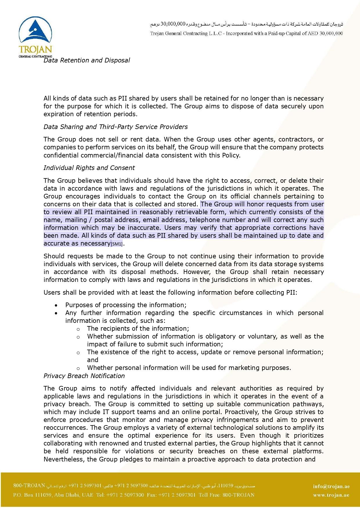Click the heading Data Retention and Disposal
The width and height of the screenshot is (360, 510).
(x=87, y=60)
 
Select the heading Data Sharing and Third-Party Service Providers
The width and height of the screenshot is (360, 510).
(x=116, y=127)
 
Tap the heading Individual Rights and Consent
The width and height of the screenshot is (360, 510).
(x=89, y=168)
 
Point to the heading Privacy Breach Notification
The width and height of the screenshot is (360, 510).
(x=84, y=376)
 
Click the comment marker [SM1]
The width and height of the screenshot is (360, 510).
(x=117, y=244)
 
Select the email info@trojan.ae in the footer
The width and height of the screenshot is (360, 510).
(x=331, y=486)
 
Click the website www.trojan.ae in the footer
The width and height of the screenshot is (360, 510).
(x=331, y=495)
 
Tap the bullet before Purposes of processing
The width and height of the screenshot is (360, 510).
(x=56, y=305)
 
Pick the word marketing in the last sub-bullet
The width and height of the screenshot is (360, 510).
(x=242, y=368)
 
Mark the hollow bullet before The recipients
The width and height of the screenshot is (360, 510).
(x=78, y=329)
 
